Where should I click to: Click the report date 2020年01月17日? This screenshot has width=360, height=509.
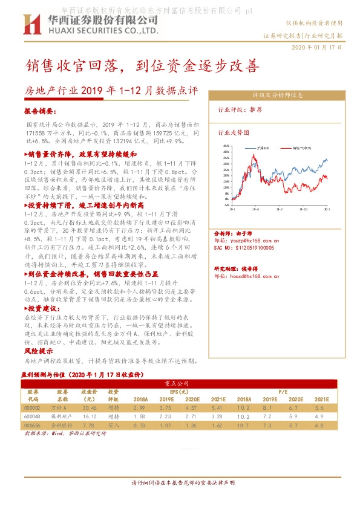tap(317, 47)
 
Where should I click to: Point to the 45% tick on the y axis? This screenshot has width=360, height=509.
tap(226, 146)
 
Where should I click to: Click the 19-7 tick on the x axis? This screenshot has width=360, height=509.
tap(279, 208)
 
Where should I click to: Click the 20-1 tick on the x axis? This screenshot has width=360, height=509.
tap(327, 208)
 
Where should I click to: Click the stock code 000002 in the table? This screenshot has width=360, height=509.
tap(33, 409)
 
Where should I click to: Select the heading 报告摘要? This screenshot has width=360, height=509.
tap(40, 112)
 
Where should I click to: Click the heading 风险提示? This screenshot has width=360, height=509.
tap(34, 351)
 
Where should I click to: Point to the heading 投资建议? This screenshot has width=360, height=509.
tap(41, 308)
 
